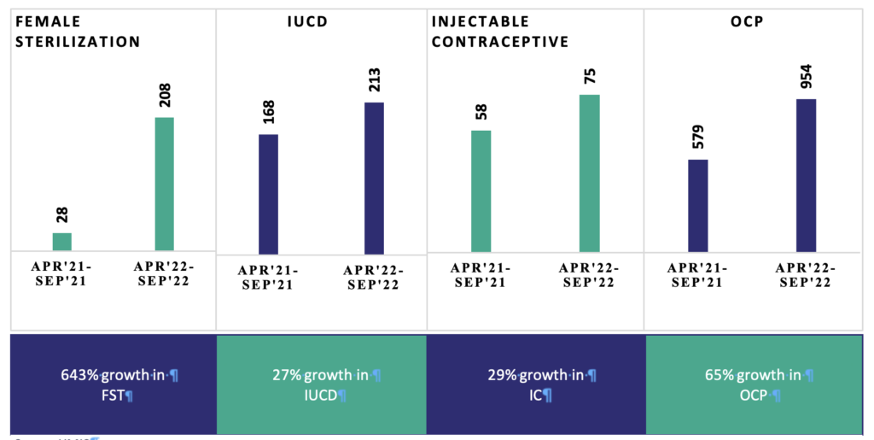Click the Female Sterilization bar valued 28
point(62,242)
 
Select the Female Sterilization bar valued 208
point(164,184)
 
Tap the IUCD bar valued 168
point(268,194)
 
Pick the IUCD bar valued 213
point(374,178)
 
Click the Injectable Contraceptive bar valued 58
point(481,191)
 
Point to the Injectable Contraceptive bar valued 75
point(589,173)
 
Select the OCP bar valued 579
point(698,206)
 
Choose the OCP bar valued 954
point(806,176)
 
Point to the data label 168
point(269,111)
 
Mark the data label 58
point(481,112)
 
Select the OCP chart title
point(746,21)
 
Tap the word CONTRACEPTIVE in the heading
point(500,41)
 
